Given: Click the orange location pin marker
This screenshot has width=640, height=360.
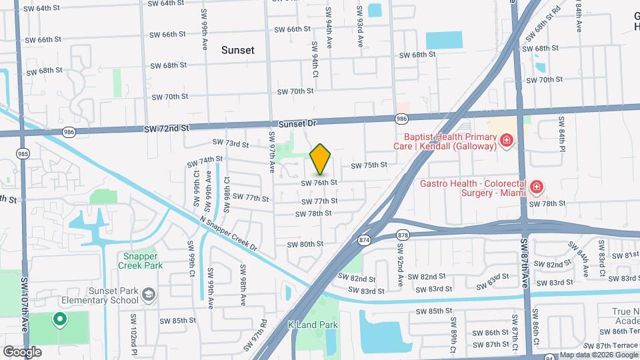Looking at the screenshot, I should pos(321,159).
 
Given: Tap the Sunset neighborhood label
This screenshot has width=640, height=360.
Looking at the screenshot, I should pos(238,50).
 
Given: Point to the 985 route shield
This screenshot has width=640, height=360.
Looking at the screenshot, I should pos(23,153).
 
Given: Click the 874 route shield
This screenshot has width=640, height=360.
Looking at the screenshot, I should pos(364,239).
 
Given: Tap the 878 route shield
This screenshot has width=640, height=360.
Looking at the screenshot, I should pos(403,235).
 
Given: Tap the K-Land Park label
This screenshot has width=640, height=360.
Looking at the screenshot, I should pos(313,325).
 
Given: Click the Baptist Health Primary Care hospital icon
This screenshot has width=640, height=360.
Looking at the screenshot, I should pos(507,140).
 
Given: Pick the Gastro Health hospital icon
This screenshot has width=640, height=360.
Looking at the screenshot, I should pos(537,187).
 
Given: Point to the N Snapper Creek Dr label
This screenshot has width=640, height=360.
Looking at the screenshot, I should pos(228,233).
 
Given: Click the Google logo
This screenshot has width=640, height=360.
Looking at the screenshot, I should pos(22,351).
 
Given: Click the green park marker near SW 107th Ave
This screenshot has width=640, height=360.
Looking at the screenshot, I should pos(59,319).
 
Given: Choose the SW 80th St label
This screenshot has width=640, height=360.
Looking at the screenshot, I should pos(305,244).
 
